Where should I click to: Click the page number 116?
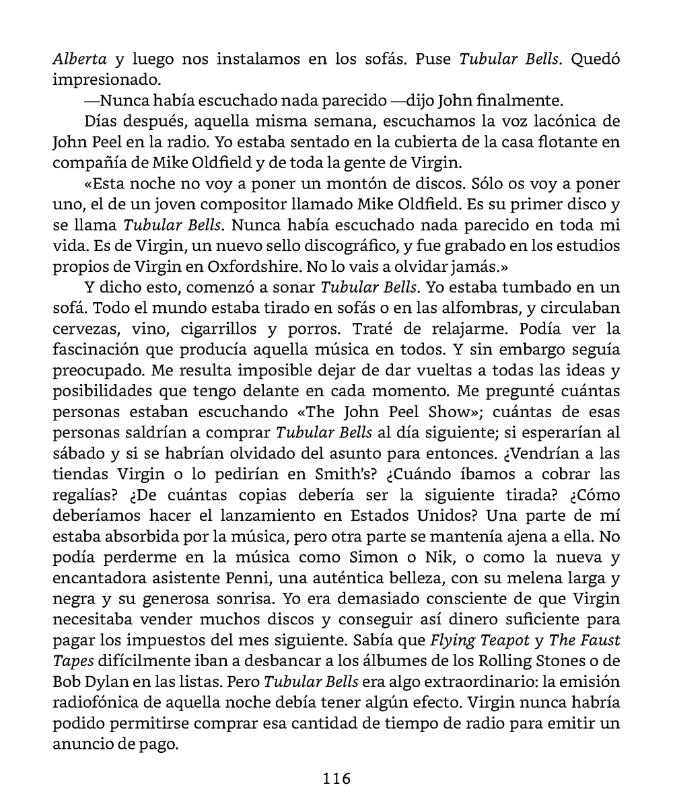point(336,778)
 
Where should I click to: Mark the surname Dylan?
point(100,681)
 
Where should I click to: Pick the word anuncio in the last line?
point(84,743)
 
